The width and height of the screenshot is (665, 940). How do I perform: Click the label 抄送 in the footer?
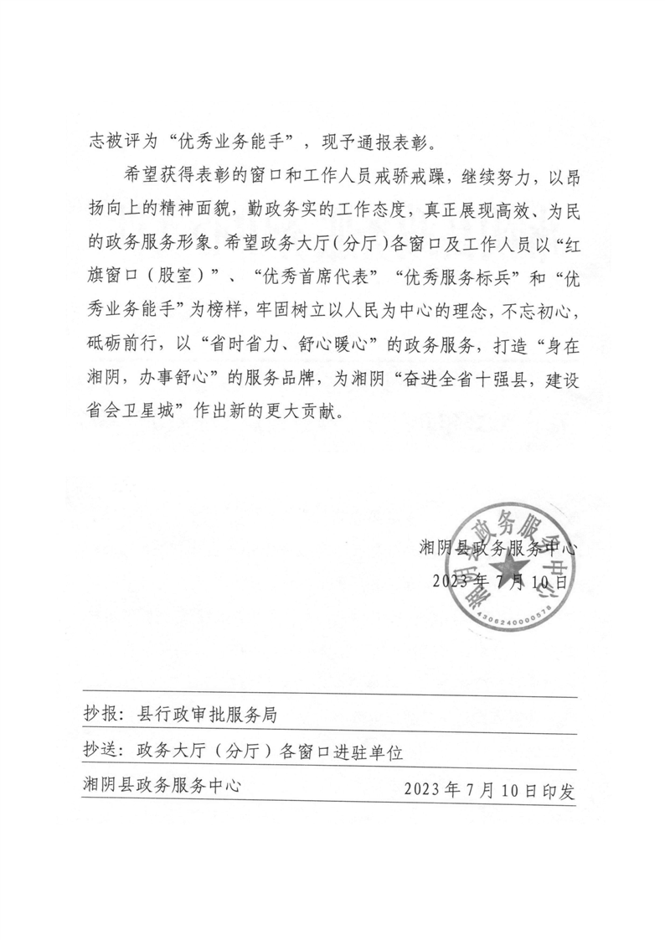click(x=100, y=751)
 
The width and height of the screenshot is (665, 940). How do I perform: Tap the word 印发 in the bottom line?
click(x=560, y=789)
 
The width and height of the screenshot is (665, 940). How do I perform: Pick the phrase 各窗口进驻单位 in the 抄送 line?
click(x=347, y=751)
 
